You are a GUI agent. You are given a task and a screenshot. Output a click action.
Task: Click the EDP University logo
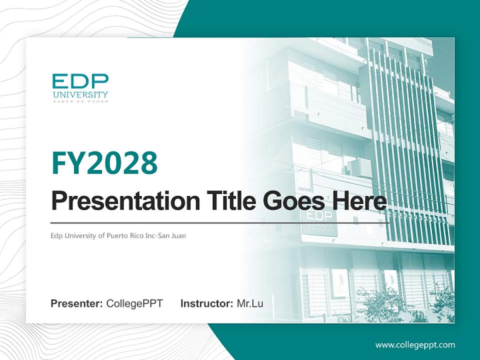(x=80, y=87)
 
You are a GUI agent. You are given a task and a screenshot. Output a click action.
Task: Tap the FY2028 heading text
(x=104, y=163)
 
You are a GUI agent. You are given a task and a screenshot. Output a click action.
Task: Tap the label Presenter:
(x=77, y=303)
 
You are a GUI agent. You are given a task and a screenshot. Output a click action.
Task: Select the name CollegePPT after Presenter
(x=134, y=303)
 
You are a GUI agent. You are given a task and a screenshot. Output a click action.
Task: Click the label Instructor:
(x=207, y=303)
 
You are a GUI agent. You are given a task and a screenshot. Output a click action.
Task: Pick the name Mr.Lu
(x=250, y=303)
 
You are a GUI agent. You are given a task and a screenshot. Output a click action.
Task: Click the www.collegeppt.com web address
(x=415, y=345)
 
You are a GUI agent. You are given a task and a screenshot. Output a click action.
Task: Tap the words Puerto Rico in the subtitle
(x=123, y=235)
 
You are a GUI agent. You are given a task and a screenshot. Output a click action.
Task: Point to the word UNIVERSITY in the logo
(x=80, y=94)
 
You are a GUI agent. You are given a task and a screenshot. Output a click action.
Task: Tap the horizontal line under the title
(x=220, y=222)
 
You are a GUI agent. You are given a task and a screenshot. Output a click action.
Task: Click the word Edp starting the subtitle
(x=56, y=235)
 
